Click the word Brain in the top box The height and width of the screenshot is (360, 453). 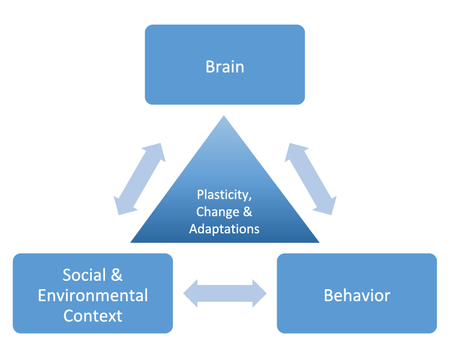[225, 67]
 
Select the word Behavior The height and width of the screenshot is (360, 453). [357, 295]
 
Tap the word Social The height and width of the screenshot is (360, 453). [84, 275]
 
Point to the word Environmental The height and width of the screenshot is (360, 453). [93, 295]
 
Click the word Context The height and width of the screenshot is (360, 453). [93, 316]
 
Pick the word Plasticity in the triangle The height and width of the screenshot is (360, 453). [223, 195]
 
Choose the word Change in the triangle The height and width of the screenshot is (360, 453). [218, 212]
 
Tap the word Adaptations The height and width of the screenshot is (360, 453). [224, 229]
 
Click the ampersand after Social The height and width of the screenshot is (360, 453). [116, 275]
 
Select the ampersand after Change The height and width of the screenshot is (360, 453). [248, 211]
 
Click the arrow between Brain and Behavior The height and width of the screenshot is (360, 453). [311, 179]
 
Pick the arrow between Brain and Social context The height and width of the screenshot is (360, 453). [140, 179]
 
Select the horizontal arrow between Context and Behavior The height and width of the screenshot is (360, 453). [225, 293]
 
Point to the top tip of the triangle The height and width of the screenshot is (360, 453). [224, 116]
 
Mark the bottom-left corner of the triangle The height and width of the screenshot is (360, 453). [131, 242]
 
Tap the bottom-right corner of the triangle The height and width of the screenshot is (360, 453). [319, 242]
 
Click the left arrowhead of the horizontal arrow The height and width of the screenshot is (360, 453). [190, 293]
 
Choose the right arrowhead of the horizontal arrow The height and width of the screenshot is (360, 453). [259, 293]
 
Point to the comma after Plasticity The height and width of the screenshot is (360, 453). [250, 199]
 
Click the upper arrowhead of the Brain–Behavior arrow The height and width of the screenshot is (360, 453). [295, 150]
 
